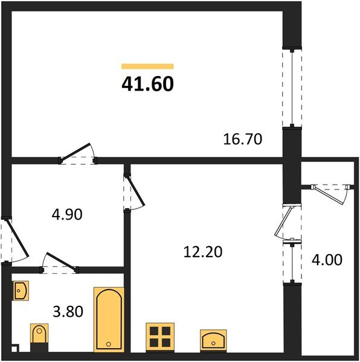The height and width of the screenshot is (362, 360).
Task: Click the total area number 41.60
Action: pos(148,84)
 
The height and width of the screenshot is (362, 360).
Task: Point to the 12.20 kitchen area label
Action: pos(203,252)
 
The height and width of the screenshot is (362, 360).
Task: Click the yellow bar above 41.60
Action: pos(147,66)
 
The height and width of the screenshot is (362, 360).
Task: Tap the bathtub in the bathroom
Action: pos(109,319)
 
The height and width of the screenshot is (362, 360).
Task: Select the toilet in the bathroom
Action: pos(39,336)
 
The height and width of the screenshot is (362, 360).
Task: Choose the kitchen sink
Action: pos(214,339)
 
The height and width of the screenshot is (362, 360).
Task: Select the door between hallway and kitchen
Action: pos(131,192)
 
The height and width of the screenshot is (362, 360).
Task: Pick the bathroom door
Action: pos(59,265)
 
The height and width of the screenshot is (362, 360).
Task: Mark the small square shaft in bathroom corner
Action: pos(15,349)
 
